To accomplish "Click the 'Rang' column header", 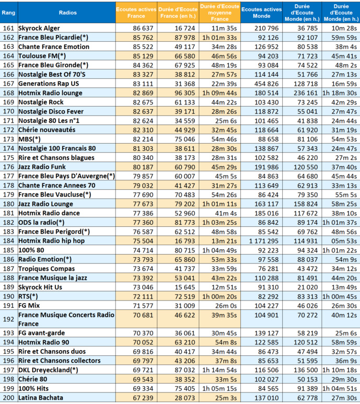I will (x=9, y=11).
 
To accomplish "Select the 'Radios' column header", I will (x=66, y=11).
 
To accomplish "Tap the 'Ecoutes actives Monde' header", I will (x=262, y=12).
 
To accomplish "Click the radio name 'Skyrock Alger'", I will (x=39, y=28).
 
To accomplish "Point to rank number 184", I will (x=9, y=241).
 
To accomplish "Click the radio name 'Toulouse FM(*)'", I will (x=42, y=56).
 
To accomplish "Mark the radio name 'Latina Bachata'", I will (x=40, y=398).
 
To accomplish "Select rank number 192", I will (x=9, y=319).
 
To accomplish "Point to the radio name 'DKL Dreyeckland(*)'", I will (x=48, y=370).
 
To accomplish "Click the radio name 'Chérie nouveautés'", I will (x=47, y=130).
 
